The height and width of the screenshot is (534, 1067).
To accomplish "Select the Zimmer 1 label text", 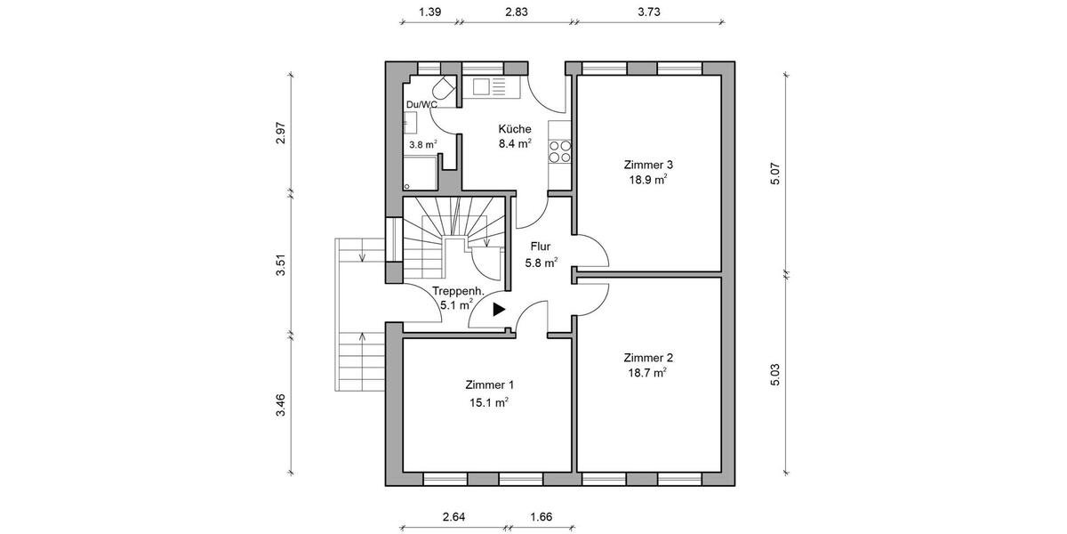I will pos(489,385).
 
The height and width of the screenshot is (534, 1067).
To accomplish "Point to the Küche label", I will pos(514,128).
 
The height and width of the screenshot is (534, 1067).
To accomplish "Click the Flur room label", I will pos(541,247).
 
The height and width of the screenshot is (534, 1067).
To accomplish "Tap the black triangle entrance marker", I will pos(498,310).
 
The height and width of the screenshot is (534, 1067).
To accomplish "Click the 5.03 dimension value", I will pos(775,374).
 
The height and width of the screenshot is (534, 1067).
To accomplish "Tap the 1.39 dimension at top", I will pos(430,12).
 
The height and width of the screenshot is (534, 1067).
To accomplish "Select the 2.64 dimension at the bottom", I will pos(454,516).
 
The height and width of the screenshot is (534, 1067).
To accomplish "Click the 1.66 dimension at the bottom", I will pos(541,516).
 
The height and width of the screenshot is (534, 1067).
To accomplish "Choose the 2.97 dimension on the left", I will pos(281,133).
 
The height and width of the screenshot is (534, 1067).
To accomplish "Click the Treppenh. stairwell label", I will pos(458,291).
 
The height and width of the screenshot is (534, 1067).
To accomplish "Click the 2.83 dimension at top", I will pos(517,12).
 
